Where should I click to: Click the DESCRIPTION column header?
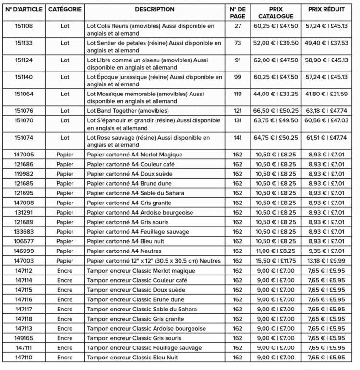(x=155, y=9)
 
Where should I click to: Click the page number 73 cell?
(x=237, y=43)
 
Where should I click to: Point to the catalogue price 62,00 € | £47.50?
(x=276, y=60)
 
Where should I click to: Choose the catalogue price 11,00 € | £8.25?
(x=276, y=251)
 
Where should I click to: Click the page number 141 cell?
(x=237, y=137)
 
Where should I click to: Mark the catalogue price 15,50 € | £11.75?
(x=276, y=261)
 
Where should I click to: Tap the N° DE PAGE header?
(x=237, y=12)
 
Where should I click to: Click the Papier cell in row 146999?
(x=65, y=251)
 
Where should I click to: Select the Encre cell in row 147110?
(x=65, y=358)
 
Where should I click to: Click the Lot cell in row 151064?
(x=65, y=94)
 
